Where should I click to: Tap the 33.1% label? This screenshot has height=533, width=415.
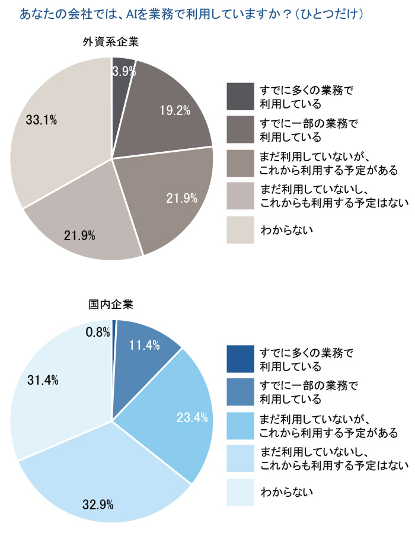41,120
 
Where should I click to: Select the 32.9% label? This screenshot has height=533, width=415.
98,505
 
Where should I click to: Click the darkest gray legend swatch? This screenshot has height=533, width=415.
240,96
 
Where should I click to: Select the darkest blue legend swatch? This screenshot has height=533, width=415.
240,359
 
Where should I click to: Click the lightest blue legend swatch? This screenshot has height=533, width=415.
240,492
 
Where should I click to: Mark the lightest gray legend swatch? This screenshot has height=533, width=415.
240,229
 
